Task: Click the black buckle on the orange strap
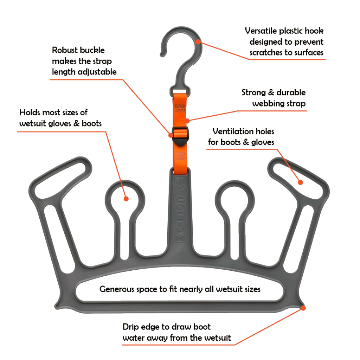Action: coord(180,136)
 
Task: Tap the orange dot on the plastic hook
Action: coord(198,42)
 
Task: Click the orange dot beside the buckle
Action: coord(171,135)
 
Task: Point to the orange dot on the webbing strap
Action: coord(188,121)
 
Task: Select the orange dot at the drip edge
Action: coord(303,308)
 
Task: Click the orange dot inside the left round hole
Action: coord(126,199)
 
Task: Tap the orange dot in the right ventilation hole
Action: coord(300,182)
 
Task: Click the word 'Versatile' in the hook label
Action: coord(260,31)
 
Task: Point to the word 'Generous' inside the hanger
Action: coord(117,289)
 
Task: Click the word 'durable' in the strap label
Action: coord(291,92)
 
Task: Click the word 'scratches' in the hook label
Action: coord(265,53)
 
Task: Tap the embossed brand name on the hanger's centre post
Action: coord(180,211)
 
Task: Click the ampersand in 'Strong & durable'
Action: coord(271,92)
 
